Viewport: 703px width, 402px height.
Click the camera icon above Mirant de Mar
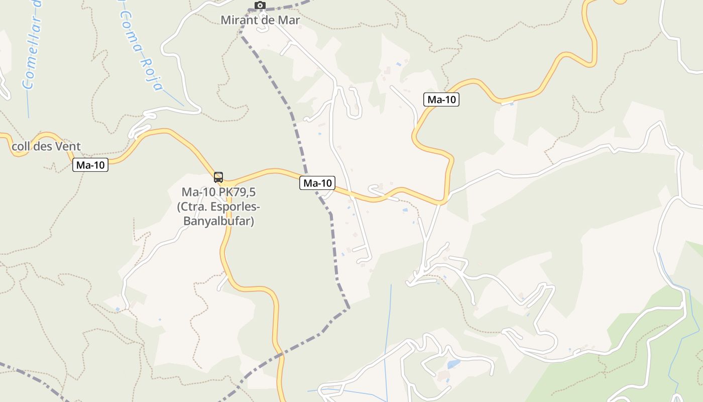260,6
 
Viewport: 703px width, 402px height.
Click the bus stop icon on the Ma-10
218,177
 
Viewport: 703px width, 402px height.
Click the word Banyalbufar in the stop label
218,221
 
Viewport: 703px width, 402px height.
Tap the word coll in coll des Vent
20,147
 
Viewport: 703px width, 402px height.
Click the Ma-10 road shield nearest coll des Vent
90,165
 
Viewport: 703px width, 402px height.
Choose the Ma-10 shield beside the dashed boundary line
317,183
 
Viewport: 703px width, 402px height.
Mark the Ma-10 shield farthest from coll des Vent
441,99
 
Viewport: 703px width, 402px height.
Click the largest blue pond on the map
453,364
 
